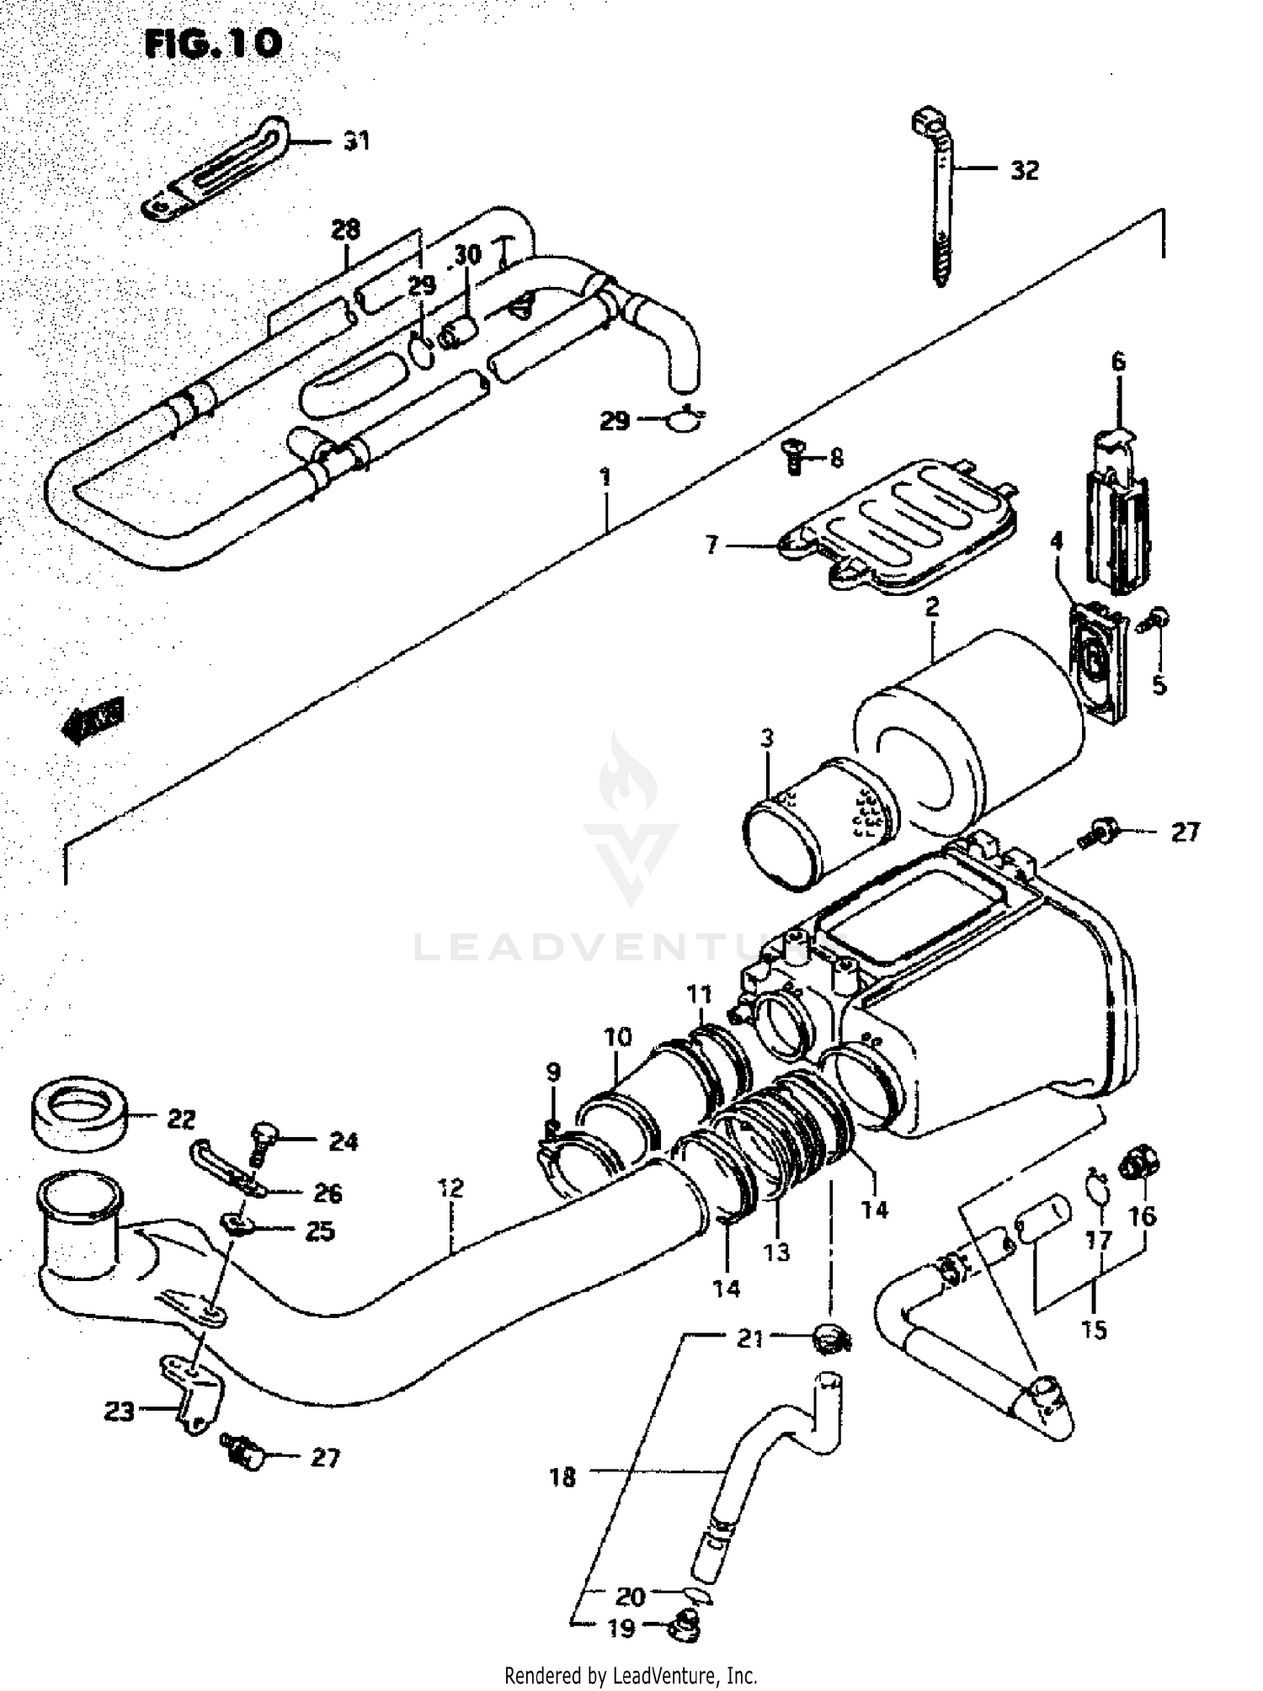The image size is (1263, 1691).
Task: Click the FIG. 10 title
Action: (212, 44)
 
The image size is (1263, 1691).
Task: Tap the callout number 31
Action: (356, 141)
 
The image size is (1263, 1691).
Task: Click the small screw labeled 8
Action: (791, 456)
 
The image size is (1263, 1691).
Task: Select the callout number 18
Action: (562, 1476)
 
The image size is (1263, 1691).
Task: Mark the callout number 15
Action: (1094, 1330)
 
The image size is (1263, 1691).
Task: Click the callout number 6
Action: (1117, 362)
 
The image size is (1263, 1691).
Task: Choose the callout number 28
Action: (345, 229)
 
